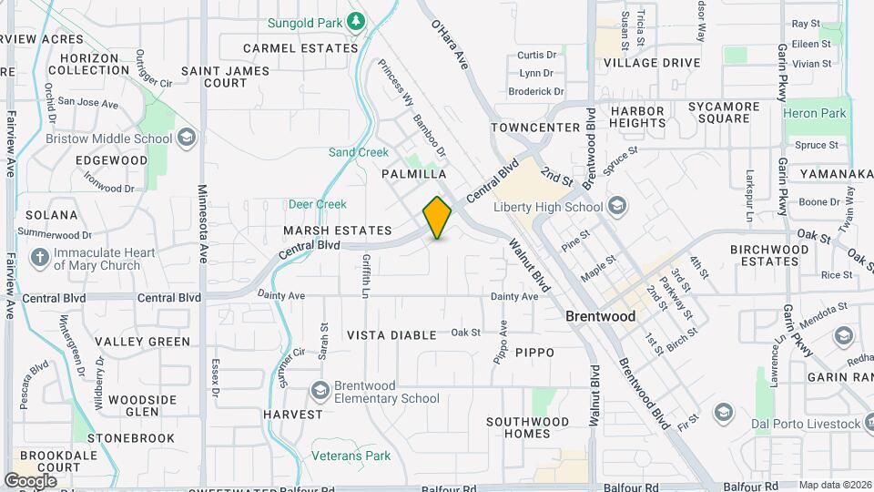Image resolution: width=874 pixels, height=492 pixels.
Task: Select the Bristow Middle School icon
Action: click(187, 138)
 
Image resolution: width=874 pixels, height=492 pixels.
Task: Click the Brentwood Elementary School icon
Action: click(320, 391)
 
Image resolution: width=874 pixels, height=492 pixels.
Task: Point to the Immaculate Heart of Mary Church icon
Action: click(39, 257)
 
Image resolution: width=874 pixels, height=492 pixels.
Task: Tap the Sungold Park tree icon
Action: click(357, 20)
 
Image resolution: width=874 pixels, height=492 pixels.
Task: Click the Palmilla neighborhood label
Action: click(414, 173)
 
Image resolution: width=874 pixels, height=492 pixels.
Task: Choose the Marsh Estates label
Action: click(337, 231)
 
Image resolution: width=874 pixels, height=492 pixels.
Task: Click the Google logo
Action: click(30, 480)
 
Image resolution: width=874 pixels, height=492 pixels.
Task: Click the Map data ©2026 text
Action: click(836, 485)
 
